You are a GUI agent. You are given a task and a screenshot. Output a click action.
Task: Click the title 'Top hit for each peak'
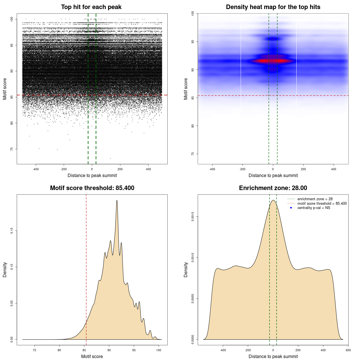[x=91, y=7]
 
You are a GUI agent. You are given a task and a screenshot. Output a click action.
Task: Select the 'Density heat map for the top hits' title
[x=273, y=7]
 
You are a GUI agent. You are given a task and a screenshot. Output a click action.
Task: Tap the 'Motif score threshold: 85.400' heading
[x=92, y=188]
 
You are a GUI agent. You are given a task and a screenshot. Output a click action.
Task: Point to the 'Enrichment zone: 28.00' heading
[x=273, y=188]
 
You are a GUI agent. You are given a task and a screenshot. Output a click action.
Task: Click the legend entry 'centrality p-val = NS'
[x=314, y=208]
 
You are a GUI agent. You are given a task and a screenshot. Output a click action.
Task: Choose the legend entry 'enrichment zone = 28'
[x=315, y=199]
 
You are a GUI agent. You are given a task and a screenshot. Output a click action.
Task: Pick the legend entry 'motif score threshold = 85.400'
[x=322, y=204]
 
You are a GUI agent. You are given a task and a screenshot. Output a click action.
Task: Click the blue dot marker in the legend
[x=291, y=208]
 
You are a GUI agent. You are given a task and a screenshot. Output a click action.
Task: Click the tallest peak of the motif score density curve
[x=117, y=201]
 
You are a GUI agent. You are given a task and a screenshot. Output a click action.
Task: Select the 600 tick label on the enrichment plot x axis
[x=348, y=350]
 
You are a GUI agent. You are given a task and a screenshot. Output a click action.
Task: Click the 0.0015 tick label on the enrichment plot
[x=193, y=217]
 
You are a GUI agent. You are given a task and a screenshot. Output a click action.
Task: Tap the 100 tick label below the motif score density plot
[x=159, y=350]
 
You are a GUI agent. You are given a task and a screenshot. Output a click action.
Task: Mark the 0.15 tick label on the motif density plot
[x=12, y=231]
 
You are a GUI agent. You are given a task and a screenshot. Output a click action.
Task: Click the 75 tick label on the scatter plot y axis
[x=12, y=149]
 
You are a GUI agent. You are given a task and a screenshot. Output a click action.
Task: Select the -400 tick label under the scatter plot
[x=36, y=169]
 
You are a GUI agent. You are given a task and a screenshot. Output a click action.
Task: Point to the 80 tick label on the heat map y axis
[x=193, y=126]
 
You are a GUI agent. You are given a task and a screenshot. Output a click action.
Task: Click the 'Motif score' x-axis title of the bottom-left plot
[x=92, y=356]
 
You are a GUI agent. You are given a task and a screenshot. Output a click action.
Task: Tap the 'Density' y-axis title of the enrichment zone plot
[x=186, y=270]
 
